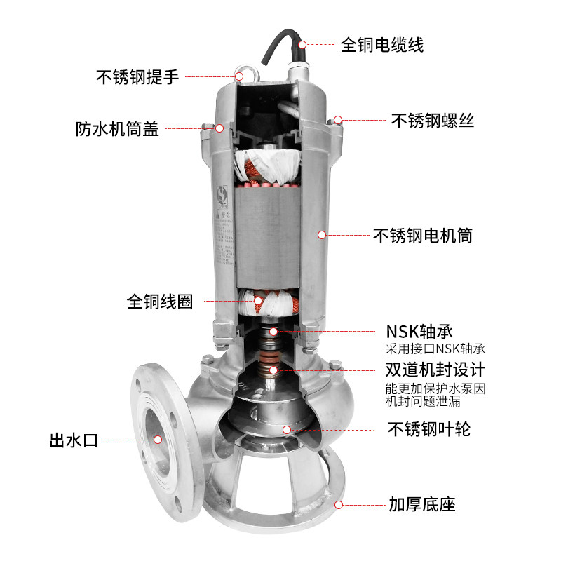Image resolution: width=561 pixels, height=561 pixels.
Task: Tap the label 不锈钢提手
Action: click(137, 77)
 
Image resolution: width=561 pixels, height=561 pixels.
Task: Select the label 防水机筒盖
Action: click(118, 130)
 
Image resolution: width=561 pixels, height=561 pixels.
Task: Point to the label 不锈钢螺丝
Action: click(433, 120)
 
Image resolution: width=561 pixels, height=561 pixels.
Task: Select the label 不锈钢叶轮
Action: click(429, 428)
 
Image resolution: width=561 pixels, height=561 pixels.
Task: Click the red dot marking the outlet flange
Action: click(158, 440)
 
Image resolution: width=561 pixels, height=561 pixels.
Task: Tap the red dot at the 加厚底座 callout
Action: click(339, 503)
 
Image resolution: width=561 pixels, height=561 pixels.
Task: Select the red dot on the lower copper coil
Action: click(258, 302)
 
